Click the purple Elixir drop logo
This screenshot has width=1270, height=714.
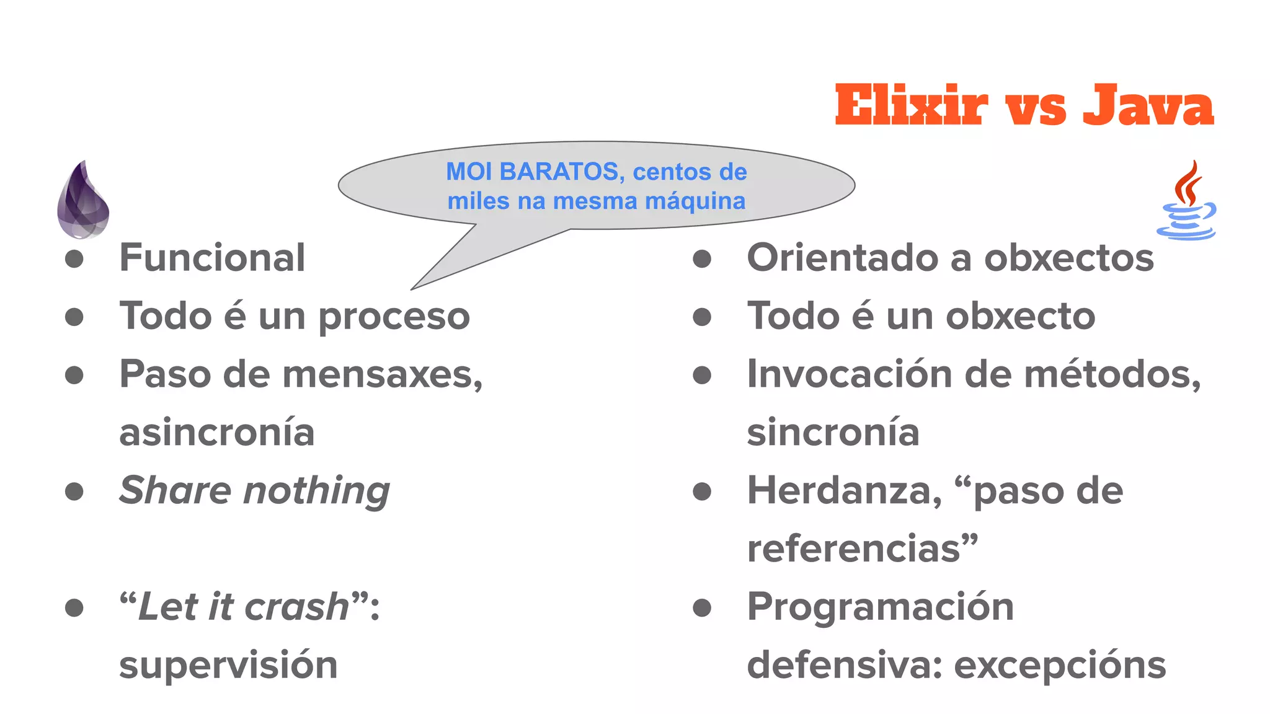[83, 201]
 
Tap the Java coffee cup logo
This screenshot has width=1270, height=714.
[1186, 201]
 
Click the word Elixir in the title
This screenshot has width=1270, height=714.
[911, 106]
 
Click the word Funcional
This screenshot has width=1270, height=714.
[212, 258]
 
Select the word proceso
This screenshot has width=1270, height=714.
[394, 317]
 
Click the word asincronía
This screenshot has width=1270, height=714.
[217, 433]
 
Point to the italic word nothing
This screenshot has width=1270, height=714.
[317, 491]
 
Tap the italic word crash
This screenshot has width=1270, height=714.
[297, 607]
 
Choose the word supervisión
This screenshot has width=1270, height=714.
[228, 665]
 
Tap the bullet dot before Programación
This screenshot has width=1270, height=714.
[701, 607]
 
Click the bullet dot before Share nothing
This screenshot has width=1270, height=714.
[74, 491]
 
